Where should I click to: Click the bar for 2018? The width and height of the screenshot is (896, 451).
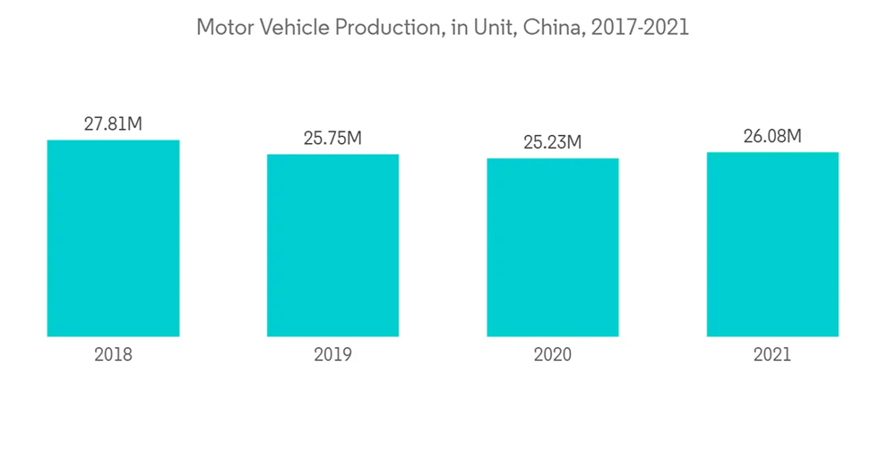click(113, 238)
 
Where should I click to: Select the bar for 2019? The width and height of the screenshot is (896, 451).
click(332, 245)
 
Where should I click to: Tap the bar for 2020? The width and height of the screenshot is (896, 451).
click(553, 247)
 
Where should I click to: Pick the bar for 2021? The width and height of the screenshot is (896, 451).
click(772, 244)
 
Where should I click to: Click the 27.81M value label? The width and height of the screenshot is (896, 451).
click(113, 124)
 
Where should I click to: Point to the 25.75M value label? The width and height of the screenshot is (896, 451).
click(332, 139)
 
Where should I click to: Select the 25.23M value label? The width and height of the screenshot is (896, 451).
click(553, 142)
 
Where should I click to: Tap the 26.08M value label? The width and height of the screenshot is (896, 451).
click(772, 136)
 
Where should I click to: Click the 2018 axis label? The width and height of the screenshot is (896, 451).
click(113, 354)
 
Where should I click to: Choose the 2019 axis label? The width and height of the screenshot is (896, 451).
click(332, 354)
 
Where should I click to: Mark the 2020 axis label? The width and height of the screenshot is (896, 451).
click(553, 354)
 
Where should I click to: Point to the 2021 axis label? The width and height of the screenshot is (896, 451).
click(772, 354)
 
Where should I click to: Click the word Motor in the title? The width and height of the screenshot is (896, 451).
click(225, 28)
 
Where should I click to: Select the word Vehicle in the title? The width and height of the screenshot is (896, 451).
click(295, 28)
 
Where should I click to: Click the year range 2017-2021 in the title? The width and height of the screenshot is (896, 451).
click(640, 28)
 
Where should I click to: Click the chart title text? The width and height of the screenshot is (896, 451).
click(443, 28)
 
